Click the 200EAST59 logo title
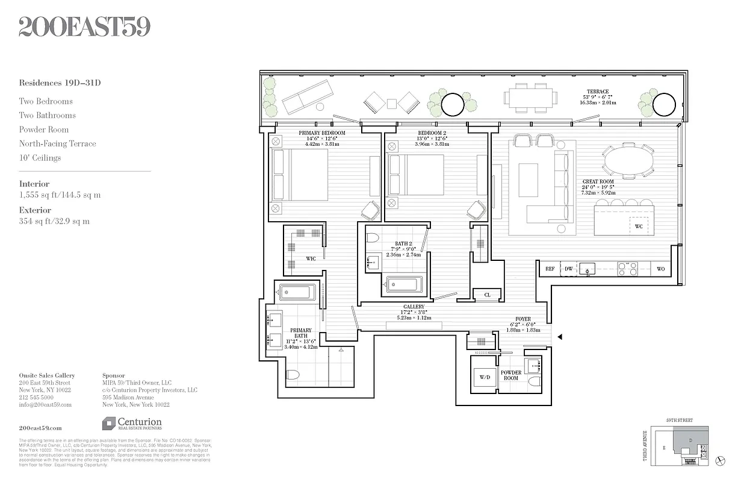click(84, 27)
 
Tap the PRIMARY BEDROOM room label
click(322, 133)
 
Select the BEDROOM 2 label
click(432, 133)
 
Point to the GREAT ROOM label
click(598, 182)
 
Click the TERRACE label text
click(598, 92)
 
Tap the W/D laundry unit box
click(485, 378)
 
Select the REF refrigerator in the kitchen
click(550, 269)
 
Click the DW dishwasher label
click(569, 269)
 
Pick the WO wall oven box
click(660, 269)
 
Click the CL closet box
click(487, 295)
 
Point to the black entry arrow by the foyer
click(560, 337)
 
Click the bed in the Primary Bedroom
click(300, 175)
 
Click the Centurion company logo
click(132, 424)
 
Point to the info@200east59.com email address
click(45, 405)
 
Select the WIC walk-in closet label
click(311, 260)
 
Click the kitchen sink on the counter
click(587, 269)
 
